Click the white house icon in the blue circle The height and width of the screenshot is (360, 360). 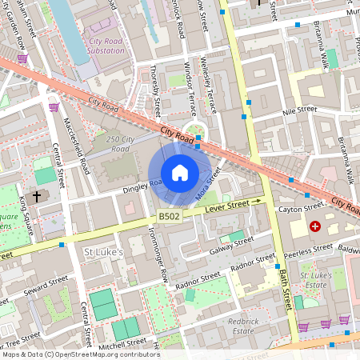pos(179,173)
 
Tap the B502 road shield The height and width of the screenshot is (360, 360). pos(168,217)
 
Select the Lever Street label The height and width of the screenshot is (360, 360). pos(228,206)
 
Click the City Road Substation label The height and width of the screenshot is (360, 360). pos(106,46)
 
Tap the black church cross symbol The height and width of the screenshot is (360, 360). pos(37,196)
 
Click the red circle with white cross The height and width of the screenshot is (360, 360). pos(315,227)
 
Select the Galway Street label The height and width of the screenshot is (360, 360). pos(233,244)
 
